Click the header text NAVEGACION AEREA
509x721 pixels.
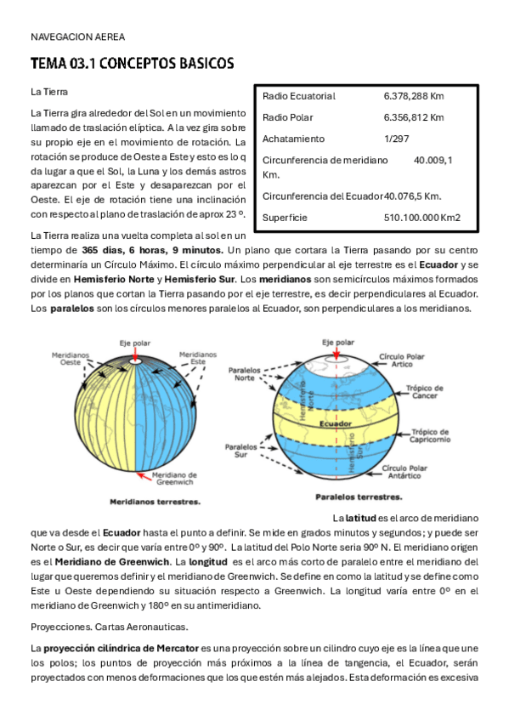point(77,37)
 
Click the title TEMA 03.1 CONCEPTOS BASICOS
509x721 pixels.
point(132,65)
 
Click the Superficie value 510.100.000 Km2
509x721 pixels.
point(421,218)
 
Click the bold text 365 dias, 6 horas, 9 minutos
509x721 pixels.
point(152,250)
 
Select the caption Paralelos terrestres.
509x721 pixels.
point(359,497)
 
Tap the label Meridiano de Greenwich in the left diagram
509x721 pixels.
point(174,478)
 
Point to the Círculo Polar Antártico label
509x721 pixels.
point(409,472)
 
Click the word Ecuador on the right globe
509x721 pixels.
point(336,422)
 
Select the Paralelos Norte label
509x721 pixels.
point(245,374)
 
